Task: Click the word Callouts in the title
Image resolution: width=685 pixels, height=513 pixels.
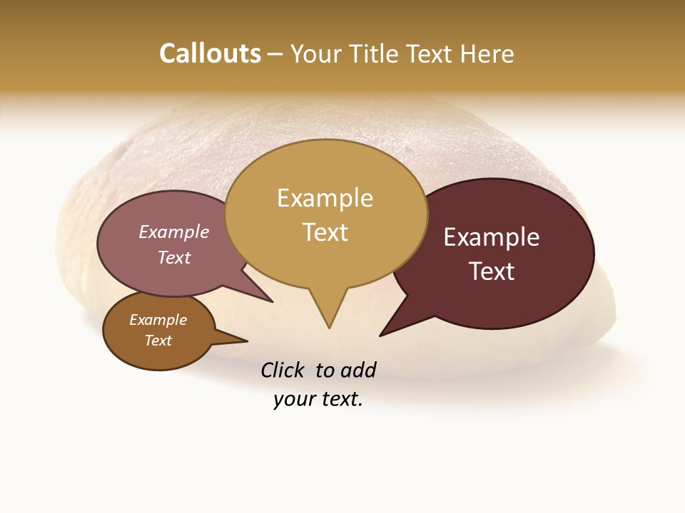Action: [210, 53]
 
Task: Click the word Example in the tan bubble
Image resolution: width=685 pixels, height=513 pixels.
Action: [325, 198]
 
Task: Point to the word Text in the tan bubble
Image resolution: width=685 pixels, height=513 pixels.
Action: [325, 232]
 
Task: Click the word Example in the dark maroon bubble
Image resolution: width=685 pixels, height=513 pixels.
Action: [492, 237]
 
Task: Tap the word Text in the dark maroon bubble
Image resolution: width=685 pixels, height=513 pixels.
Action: [492, 271]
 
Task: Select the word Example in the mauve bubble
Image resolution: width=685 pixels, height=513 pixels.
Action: [174, 232]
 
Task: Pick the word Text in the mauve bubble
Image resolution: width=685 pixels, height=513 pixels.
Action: [174, 257]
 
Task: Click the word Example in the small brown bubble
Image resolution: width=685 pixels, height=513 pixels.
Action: [158, 320]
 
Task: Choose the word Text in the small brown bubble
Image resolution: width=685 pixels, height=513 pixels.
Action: [158, 341]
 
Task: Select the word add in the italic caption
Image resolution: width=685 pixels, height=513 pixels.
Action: [358, 370]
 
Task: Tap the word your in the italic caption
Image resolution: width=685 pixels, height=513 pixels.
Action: [290, 400]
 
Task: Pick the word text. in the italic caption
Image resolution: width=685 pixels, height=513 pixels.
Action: [339, 400]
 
